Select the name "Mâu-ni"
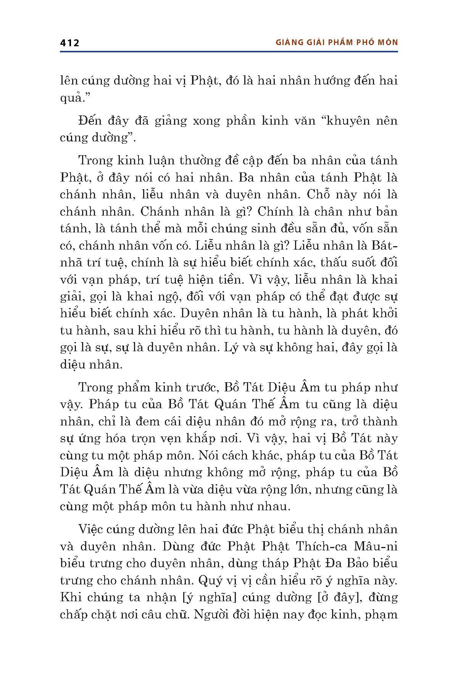tap(376, 546)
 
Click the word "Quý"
tap(212, 580)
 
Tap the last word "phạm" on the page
tap(381, 614)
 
